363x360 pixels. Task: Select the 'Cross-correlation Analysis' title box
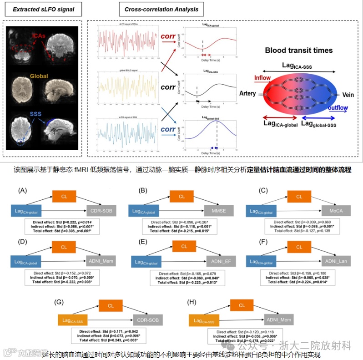pos(158,9)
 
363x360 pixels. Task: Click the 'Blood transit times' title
pos(299,51)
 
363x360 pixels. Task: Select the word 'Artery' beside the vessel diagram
pos(248,93)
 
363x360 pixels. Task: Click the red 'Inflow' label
pos(262,78)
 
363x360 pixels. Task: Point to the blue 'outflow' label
pos(340,108)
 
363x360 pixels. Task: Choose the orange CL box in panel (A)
pos(65,197)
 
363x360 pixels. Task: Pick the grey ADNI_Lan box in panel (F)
pos(332,261)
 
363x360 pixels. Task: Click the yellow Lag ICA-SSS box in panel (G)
pos(74,321)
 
